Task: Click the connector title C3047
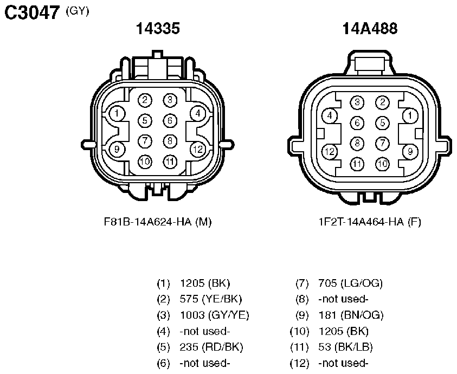point(32,12)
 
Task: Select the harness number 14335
point(158,28)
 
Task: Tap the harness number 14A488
point(370,28)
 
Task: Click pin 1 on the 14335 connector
point(117,113)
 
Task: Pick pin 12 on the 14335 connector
point(198,149)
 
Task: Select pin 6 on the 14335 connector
point(170,121)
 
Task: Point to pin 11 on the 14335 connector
point(170,162)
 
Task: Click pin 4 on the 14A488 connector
point(330,115)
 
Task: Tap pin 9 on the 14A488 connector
point(410,152)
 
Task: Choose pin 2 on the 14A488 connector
point(382,102)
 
